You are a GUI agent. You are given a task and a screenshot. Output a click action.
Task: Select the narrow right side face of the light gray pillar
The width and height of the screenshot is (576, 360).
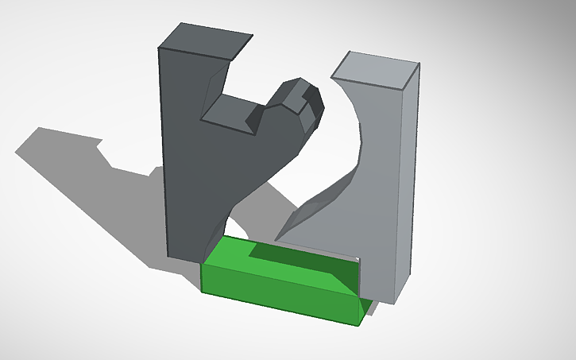412,175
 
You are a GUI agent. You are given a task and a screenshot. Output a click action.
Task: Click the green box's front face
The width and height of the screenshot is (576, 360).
278,294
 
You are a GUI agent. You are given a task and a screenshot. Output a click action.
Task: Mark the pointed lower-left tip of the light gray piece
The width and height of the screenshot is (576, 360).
277,238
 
